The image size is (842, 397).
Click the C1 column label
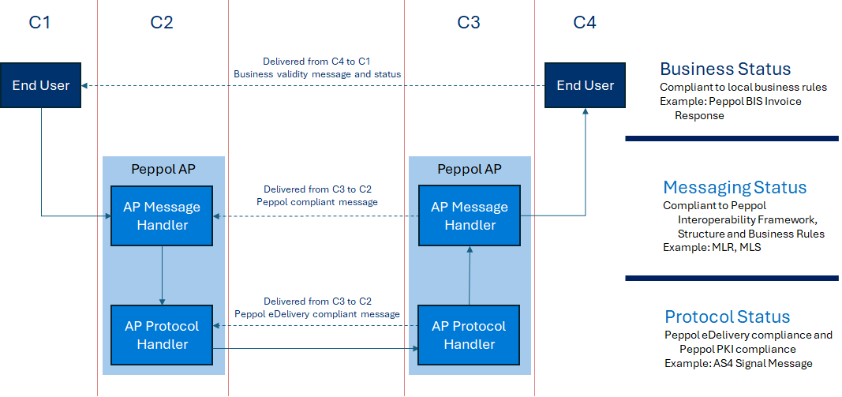(x=39, y=23)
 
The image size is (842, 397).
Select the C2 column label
(x=162, y=23)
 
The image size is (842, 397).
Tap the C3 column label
(x=469, y=23)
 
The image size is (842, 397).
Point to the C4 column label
(x=585, y=23)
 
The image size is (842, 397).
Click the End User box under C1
(x=40, y=85)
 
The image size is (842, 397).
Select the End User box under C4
(x=585, y=85)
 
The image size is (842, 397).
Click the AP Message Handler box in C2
(x=162, y=215)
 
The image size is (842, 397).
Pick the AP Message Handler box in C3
(x=470, y=215)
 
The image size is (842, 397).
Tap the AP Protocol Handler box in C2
(x=162, y=335)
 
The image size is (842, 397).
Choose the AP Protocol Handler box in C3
(x=470, y=335)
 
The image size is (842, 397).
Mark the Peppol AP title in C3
(x=470, y=169)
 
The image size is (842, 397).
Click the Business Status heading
(x=725, y=69)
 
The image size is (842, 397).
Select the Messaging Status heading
(x=735, y=187)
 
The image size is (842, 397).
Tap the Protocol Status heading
(x=727, y=317)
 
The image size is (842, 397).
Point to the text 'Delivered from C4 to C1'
(x=316, y=61)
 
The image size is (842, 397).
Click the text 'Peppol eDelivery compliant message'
(x=317, y=314)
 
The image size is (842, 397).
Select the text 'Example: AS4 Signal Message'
(x=738, y=363)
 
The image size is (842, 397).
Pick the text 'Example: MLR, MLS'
(x=710, y=248)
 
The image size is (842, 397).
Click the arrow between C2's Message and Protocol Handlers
(x=162, y=275)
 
